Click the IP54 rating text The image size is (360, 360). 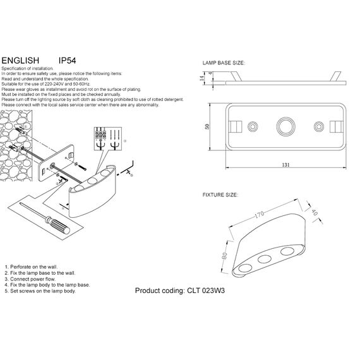tap(68, 59)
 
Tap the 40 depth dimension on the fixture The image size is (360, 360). tap(313, 213)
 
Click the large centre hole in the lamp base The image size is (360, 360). tap(284, 128)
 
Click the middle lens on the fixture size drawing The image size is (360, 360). tap(265, 259)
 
